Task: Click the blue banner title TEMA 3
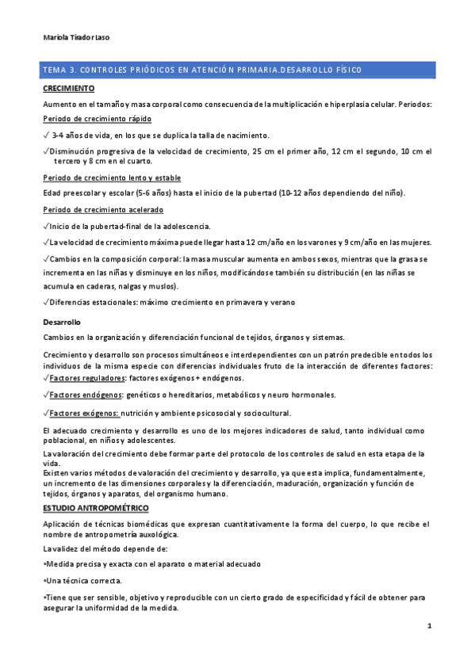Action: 203,71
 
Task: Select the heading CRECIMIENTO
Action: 69,88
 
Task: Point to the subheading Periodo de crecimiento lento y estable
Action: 107,178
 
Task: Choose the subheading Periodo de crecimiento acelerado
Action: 103,210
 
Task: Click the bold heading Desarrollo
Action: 63,323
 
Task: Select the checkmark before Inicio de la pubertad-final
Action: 46,226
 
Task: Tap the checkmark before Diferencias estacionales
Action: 46,301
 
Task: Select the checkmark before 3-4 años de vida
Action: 46,136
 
